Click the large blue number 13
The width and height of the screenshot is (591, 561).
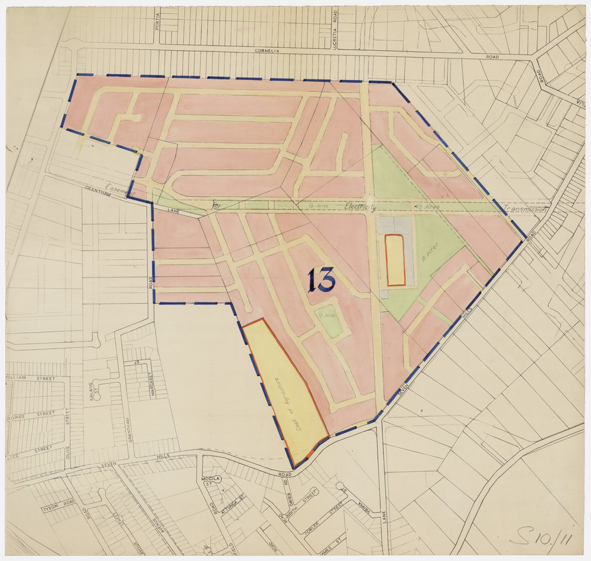(x=321, y=279)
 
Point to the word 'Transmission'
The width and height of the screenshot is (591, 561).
(x=526, y=209)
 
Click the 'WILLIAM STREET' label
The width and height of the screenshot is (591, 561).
(x=30, y=378)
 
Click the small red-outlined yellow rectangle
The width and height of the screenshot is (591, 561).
(x=395, y=260)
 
